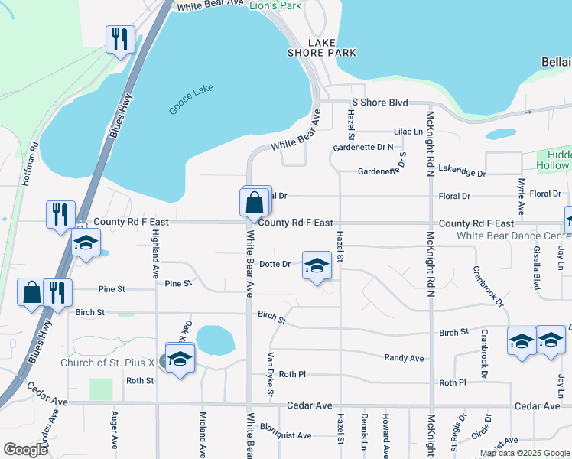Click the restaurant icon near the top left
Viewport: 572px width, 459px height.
tap(120, 40)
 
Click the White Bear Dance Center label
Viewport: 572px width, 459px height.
tap(513, 236)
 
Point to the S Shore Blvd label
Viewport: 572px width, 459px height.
tap(379, 103)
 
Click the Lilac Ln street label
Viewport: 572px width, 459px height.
tap(408, 132)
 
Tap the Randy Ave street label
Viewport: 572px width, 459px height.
tap(404, 358)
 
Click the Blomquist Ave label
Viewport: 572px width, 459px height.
tap(285, 435)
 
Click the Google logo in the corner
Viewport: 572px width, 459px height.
tap(25, 450)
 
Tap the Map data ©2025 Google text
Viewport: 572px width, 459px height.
tap(525, 454)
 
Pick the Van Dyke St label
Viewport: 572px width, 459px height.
tap(270, 375)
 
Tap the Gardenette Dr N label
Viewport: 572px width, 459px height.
tap(363, 147)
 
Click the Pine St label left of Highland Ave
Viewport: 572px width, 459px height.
tap(111, 289)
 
